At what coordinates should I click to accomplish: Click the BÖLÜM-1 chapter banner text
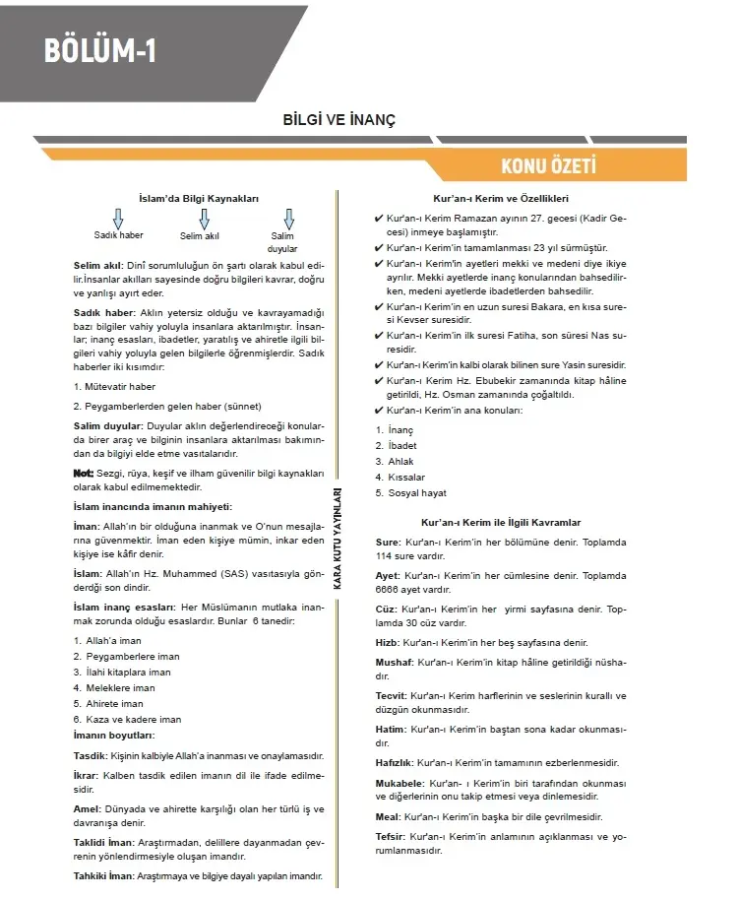coord(100,50)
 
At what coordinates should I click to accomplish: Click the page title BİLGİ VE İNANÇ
coord(339,119)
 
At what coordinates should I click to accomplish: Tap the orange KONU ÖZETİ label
coord(548,165)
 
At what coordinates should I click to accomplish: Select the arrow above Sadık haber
coord(118,219)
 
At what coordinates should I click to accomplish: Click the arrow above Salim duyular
coord(288,219)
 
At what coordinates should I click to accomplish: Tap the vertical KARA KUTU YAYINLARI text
coord(338,538)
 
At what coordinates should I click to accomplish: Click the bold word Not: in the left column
coord(84,474)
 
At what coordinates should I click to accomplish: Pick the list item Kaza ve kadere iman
coord(127,720)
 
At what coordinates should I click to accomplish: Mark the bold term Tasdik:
coord(90,756)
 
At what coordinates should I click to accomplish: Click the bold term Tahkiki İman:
coord(102,875)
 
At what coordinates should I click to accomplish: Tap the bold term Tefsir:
coord(391,837)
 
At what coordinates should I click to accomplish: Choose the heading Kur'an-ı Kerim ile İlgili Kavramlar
coord(501,522)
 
